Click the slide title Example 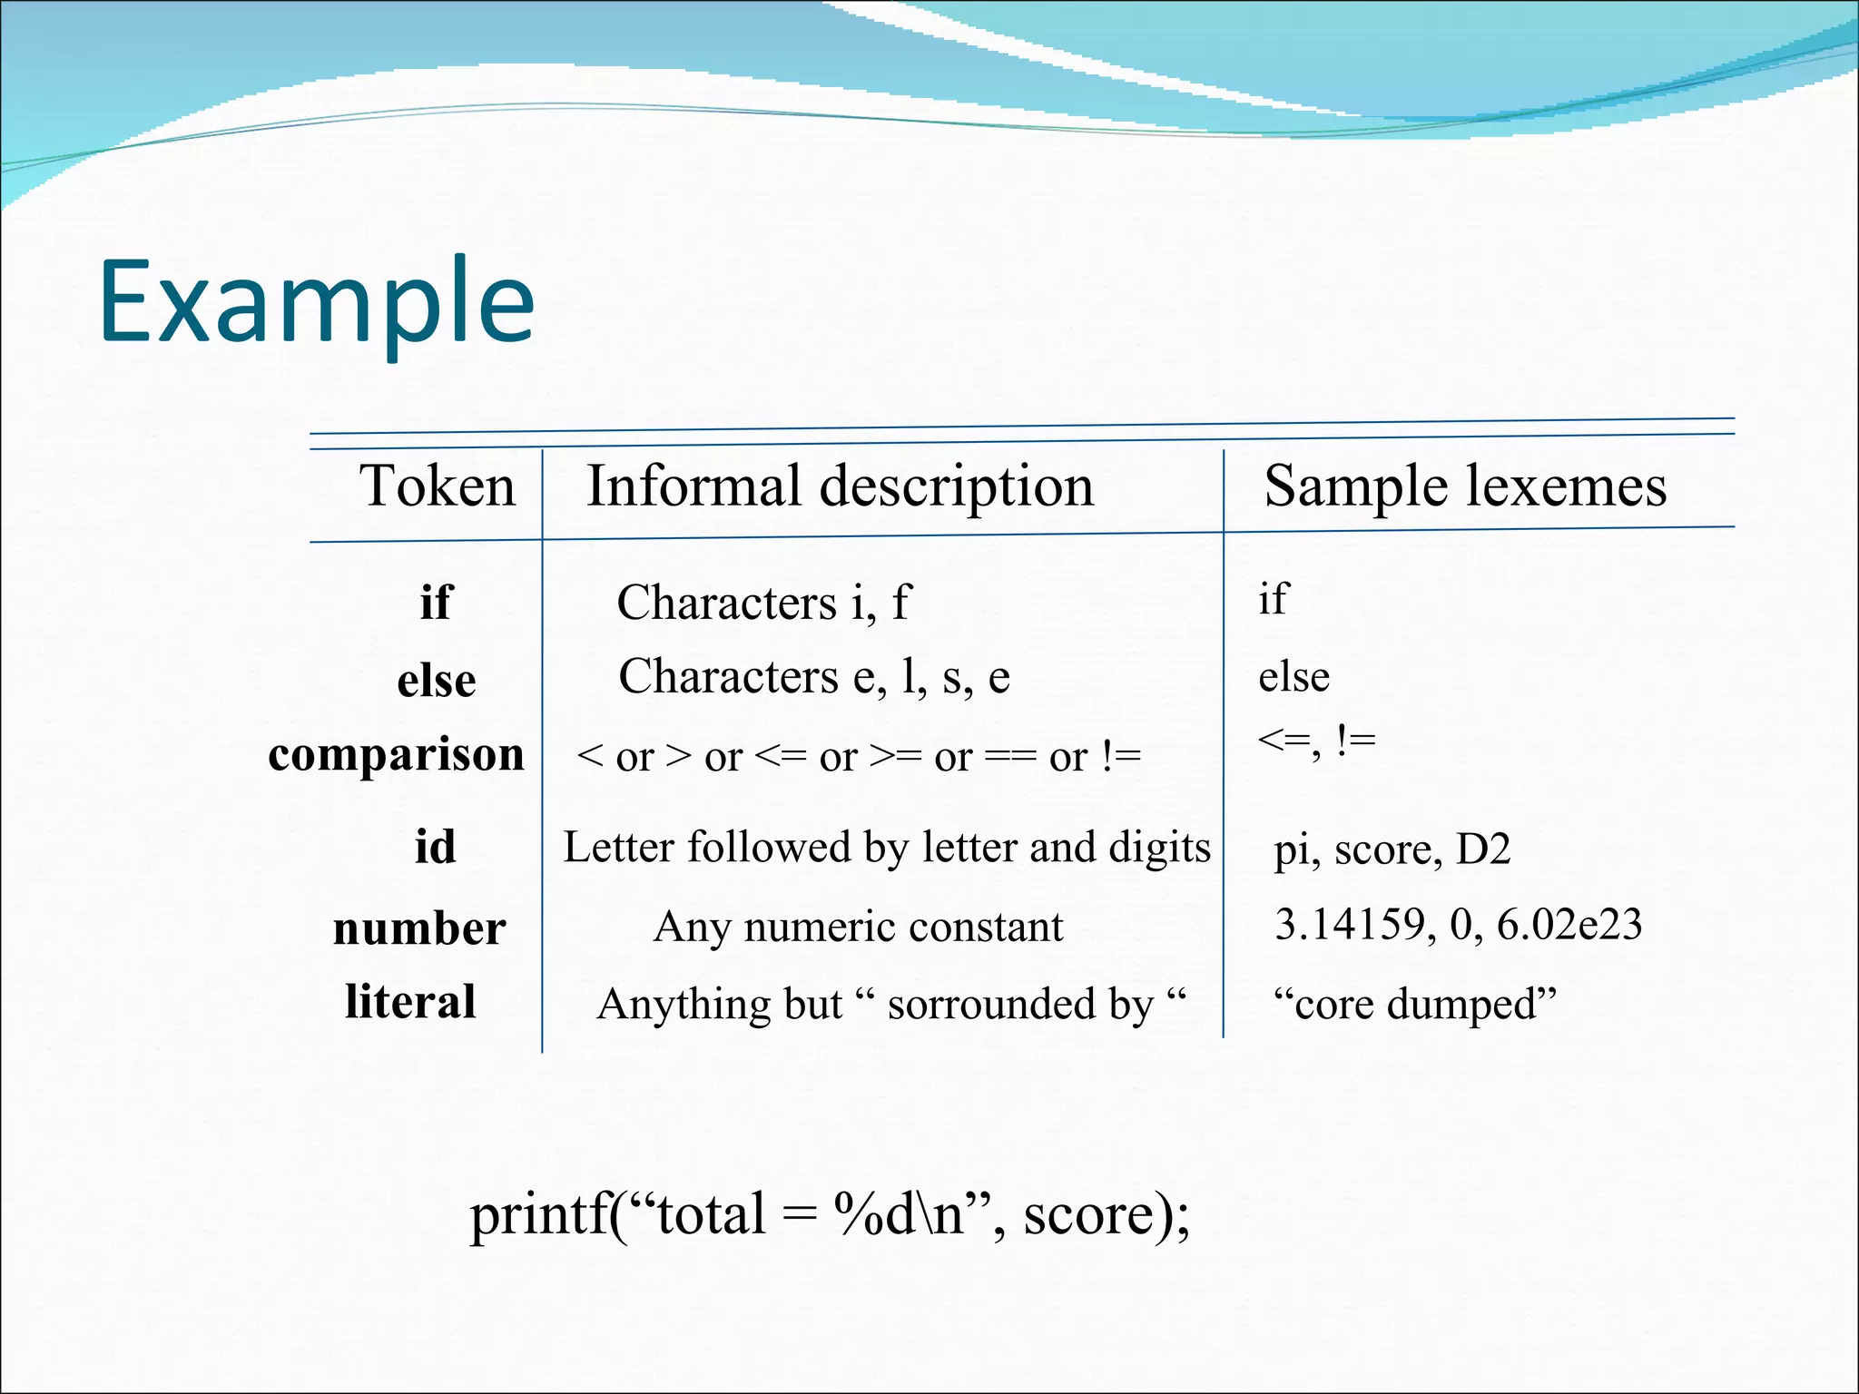[x=317, y=303]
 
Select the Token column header [x=438, y=486]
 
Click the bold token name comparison [x=396, y=755]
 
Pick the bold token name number [x=419, y=928]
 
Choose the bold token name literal [x=410, y=1002]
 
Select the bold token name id [x=436, y=848]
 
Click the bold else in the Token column [x=437, y=681]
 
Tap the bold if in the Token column [x=436, y=602]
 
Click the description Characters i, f [x=762, y=603]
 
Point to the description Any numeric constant [x=858, y=928]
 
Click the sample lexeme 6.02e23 [x=1569, y=925]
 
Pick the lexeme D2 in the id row [x=1483, y=849]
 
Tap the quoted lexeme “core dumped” [x=1414, y=1004]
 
